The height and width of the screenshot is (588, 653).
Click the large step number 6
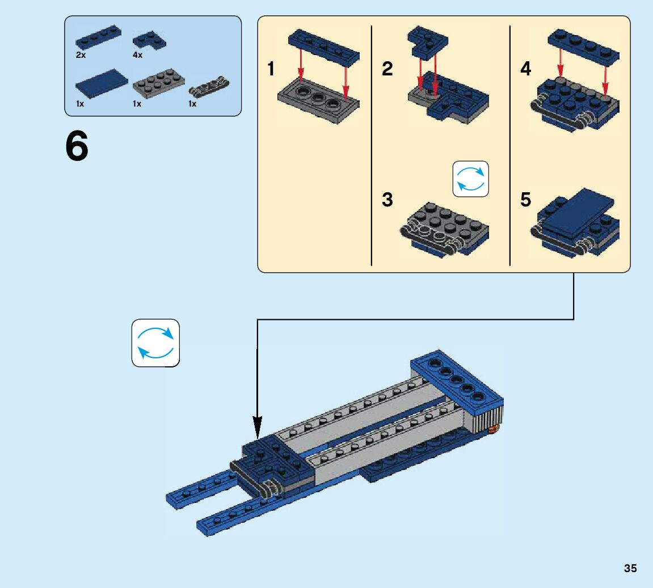pos(77,146)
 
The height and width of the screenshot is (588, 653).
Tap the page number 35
pos(630,568)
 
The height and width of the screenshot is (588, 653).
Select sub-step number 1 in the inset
pos(271,69)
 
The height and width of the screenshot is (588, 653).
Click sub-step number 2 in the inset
pos(387,69)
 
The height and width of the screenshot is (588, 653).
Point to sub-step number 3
pos(387,200)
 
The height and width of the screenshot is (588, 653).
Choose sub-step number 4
pos(525,69)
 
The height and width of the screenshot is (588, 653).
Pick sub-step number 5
pos(525,200)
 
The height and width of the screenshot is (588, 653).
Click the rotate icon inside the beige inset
pos(470,179)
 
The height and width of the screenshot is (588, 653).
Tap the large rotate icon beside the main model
pos(156,343)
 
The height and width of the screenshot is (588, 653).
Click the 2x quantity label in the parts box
pos(81,55)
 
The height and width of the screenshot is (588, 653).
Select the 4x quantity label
pos(137,55)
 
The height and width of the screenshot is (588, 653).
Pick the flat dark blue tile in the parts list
pos(102,83)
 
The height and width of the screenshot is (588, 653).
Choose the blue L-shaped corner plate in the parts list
pos(149,40)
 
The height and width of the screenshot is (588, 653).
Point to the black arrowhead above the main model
pos(258,428)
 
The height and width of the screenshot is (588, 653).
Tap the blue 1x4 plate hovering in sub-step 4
pos(583,46)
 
